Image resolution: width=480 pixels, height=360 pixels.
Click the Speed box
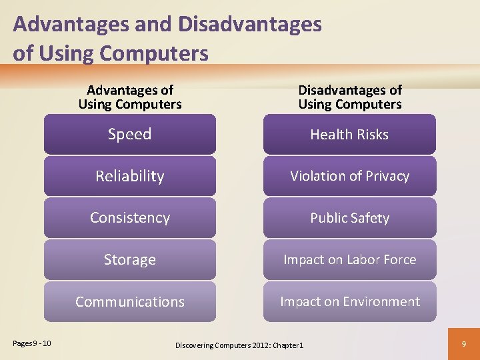point(130,134)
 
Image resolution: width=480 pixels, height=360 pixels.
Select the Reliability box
point(130,176)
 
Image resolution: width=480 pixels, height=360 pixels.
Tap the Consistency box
point(130,218)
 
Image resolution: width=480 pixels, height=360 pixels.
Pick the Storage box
point(130,259)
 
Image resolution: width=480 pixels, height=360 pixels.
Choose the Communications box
point(130,301)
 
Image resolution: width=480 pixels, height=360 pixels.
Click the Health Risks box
point(349,134)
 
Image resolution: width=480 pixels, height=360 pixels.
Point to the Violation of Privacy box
point(349,176)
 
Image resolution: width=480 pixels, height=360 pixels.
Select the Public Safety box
point(349,218)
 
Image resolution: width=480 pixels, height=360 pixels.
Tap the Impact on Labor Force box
point(349,259)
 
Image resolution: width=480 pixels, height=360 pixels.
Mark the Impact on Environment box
point(349,301)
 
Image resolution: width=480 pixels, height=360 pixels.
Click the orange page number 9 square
point(464,344)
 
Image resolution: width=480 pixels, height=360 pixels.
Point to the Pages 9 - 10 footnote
point(32,343)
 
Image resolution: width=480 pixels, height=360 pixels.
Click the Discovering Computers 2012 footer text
point(239,345)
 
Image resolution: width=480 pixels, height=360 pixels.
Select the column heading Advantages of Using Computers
point(130,97)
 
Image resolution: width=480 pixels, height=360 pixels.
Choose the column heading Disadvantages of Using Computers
point(350,97)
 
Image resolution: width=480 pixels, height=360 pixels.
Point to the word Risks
point(373,134)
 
